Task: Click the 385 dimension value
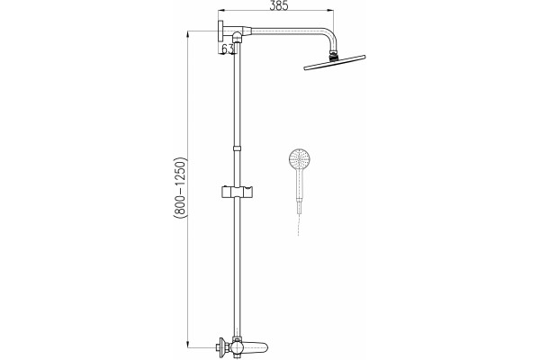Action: [x=278, y=5]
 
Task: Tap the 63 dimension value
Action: [x=228, y=49]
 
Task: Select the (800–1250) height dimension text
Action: [x=180, y=188]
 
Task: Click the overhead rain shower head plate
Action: [x=335, y=62]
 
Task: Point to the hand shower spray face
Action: [x=300, y=158]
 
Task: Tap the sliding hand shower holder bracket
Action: [x=237, y=192]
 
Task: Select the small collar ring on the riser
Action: [x=237, y=148]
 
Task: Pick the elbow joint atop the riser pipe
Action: [x=238, y=36]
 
